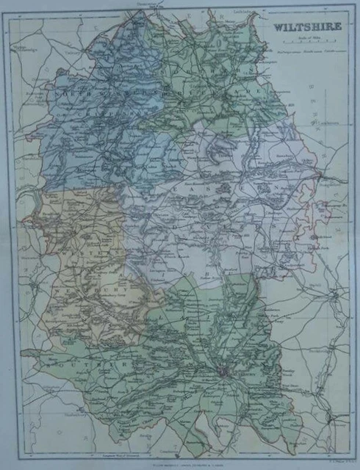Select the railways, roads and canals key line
tap(300, 51)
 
